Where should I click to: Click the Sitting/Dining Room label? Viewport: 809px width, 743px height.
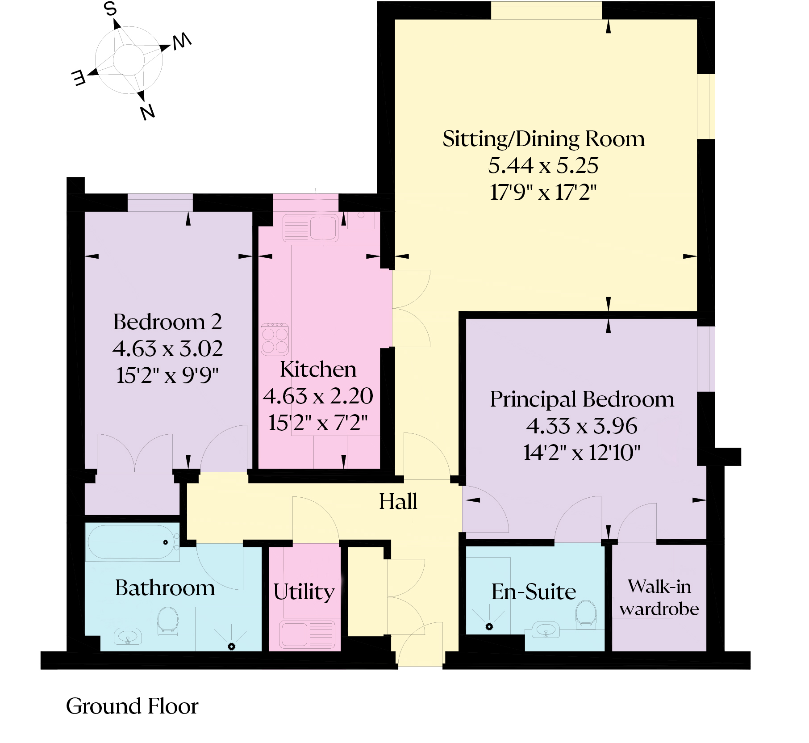[543, 139]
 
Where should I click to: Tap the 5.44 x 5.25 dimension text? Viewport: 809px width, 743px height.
[543, 166]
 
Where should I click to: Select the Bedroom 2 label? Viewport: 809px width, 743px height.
[167, 322]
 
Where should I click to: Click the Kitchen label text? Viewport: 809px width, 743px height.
[318, 369]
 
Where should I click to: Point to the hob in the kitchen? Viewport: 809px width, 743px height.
[275, 340]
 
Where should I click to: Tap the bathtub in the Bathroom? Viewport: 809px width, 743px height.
[132, 542]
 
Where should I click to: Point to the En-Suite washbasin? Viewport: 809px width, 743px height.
[546, 631]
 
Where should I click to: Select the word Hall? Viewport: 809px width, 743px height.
[398, 501]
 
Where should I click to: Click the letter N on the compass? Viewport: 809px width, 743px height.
[147, 112]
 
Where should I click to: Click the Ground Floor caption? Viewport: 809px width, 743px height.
[132, 706]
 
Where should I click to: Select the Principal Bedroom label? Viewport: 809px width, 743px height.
[582, 399]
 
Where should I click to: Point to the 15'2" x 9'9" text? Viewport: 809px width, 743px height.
[167, 375]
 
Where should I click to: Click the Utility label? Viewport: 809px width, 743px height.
[304, 592]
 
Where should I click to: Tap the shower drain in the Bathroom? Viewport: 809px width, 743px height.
[231, 646]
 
